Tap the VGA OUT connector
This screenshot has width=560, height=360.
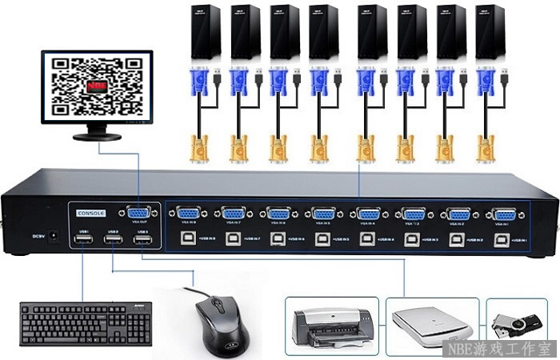point(137,214)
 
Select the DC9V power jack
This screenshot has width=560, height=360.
point(55,235)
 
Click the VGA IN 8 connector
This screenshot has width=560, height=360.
point(187,214)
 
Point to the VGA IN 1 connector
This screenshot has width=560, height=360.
point(504,214)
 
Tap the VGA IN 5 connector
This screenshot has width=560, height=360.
point(323,214)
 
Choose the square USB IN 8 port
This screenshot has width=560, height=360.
point(187,239)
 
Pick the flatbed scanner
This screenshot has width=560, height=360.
point(431,325)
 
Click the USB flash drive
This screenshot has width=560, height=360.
point(515,324)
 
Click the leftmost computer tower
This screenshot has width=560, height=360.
point(203,31)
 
